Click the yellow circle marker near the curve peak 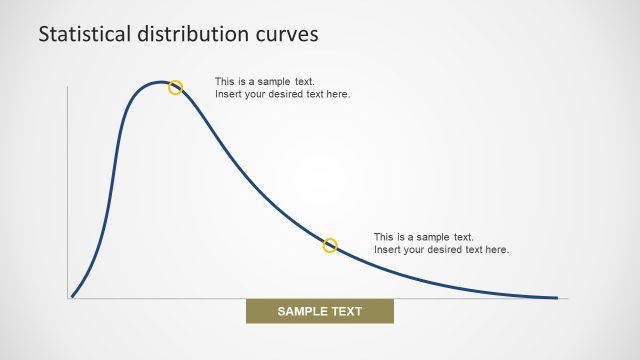pyautogui.click(x=175, y=87)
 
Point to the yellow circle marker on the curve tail pyautogui.click(x=330, y=245)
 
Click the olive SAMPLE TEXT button pyautogui.click(x=320, y=311)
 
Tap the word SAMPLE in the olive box pyautogui.click(x=299, y=311)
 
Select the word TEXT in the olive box pyautogui.click(x=345, y=311)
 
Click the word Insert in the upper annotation pyautogui.click(x=228, y=94)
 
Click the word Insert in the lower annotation pyautogui.click(x=387, y=249)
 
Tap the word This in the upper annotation pyautogui.click(x=225, y=81)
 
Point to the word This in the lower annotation pyautogui.click(x=384, y=236)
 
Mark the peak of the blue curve pyautogui.click(x=160, y=82)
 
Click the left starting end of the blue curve pyautogui.click(x=72, y=296)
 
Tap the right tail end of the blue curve pyautogui.click(x=556, y=297)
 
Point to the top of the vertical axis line pyautogui.click(x=67, y=88)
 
